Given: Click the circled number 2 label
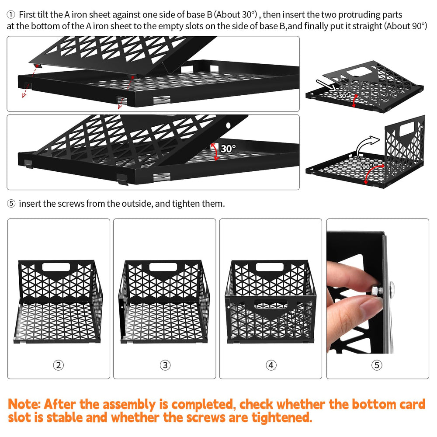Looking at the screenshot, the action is (59, 365).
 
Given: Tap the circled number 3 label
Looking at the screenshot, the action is (165, 365).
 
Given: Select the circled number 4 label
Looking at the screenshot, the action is (271, 365).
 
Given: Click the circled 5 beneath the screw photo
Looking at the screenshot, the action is (377, 365).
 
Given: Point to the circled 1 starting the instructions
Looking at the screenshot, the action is (11, 14).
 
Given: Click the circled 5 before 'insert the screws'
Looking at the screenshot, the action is (11, 204).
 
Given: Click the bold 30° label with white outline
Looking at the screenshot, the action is (228, 149).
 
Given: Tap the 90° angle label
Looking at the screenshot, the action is (368, 167).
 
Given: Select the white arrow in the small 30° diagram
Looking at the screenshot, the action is (326, 85).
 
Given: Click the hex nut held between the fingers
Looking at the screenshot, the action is (376, 290).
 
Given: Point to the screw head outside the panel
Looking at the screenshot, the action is (392, 288).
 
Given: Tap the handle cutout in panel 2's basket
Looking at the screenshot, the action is (56, 267).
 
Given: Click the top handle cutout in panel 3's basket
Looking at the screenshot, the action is (163, 267).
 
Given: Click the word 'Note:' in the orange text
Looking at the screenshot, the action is (24, 404).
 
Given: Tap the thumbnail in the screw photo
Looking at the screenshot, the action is (369, 305).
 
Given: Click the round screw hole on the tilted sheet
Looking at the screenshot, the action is (229, 125).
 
